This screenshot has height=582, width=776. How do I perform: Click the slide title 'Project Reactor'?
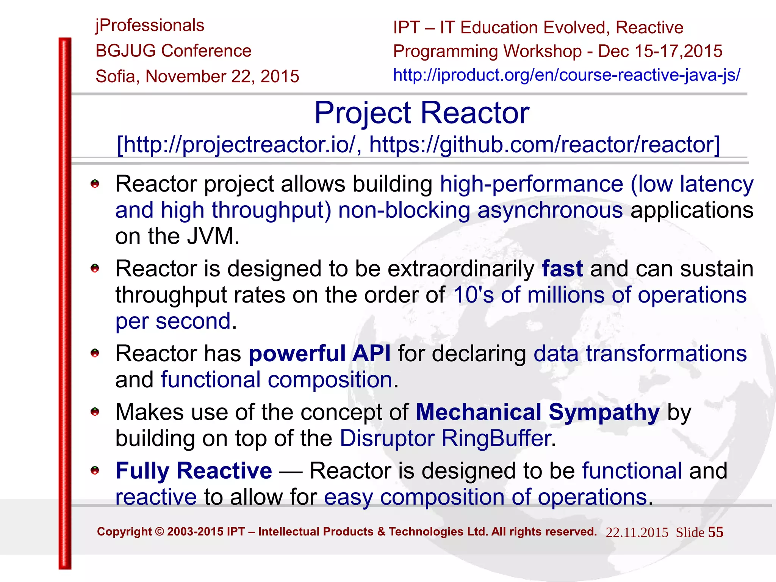421,113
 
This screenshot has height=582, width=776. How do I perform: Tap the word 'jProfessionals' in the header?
150,26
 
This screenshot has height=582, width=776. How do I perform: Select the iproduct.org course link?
566,75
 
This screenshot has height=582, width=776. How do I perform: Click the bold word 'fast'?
562,269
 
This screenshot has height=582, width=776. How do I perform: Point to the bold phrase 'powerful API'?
319,354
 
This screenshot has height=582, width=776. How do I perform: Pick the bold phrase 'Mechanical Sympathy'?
538,412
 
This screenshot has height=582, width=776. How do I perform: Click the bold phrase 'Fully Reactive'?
194,471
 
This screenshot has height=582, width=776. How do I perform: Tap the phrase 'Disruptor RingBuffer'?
445,438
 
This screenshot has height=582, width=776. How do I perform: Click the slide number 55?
716,532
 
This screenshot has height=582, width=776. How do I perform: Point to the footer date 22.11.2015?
637,532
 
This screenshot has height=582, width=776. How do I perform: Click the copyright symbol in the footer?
160,532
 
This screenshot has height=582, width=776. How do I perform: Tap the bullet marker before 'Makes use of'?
95,412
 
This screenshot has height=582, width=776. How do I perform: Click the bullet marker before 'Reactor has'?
95,353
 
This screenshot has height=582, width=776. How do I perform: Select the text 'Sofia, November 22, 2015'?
197,76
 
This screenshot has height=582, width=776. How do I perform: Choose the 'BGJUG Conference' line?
174,51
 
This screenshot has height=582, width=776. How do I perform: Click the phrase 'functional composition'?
277,380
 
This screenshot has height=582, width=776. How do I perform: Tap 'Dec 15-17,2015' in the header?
660,51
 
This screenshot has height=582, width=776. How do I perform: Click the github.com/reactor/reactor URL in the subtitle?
544,145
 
